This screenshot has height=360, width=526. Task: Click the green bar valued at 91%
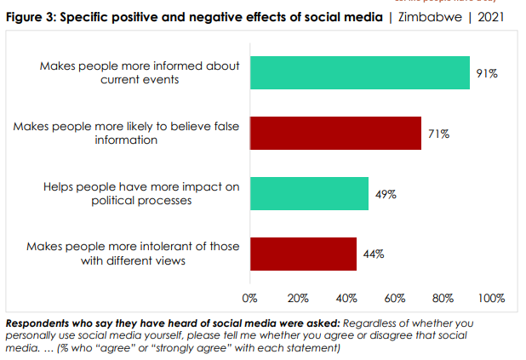pyautogui.click(x=359, y=73)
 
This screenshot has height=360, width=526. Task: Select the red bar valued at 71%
pyautogui.click(x=335, y=134)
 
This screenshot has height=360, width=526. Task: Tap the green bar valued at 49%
pyautogui.click(x=309, y=194)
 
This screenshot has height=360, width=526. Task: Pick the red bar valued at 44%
pyautogui.click(x=303, y=254)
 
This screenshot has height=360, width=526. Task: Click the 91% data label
pyautogui.click(x=487, y=74)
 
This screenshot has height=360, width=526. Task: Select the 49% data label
pyautogui.click(x=386, y=195)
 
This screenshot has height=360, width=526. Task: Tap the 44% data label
pyautogui.click(x=374, y=254)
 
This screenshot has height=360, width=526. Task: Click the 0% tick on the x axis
pyautogui.click(x=250, y=299)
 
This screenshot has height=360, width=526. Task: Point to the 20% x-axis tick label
pyautogui.click(x=298, y=299)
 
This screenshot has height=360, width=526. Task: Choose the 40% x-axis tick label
pyautogui.click(x=346, y=299)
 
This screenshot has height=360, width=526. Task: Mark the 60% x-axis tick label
pyautogui.click(x=395, y=299)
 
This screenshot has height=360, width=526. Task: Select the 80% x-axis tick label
pyautogui.click(x=443, y=299)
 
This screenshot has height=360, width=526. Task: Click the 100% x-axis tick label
pyautogui.click(x=491, y=299)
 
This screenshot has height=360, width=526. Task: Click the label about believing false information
pyautogui.click(x=126, y=134)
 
